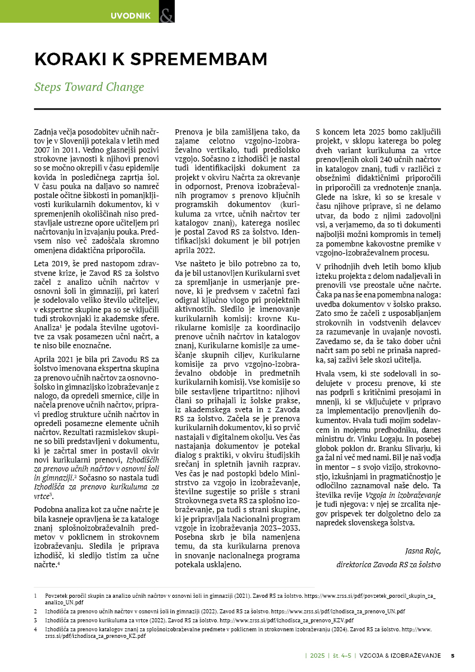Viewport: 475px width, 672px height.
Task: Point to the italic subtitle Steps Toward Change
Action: point(89,87)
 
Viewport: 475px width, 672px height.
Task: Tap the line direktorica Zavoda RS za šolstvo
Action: point(388,564)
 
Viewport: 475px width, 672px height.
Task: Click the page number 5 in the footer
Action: point(453,655)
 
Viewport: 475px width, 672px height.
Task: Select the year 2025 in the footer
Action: point(317,655)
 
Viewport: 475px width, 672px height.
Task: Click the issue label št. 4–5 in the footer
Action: point(341,655)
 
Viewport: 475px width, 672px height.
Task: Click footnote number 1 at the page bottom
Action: point(36,597)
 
